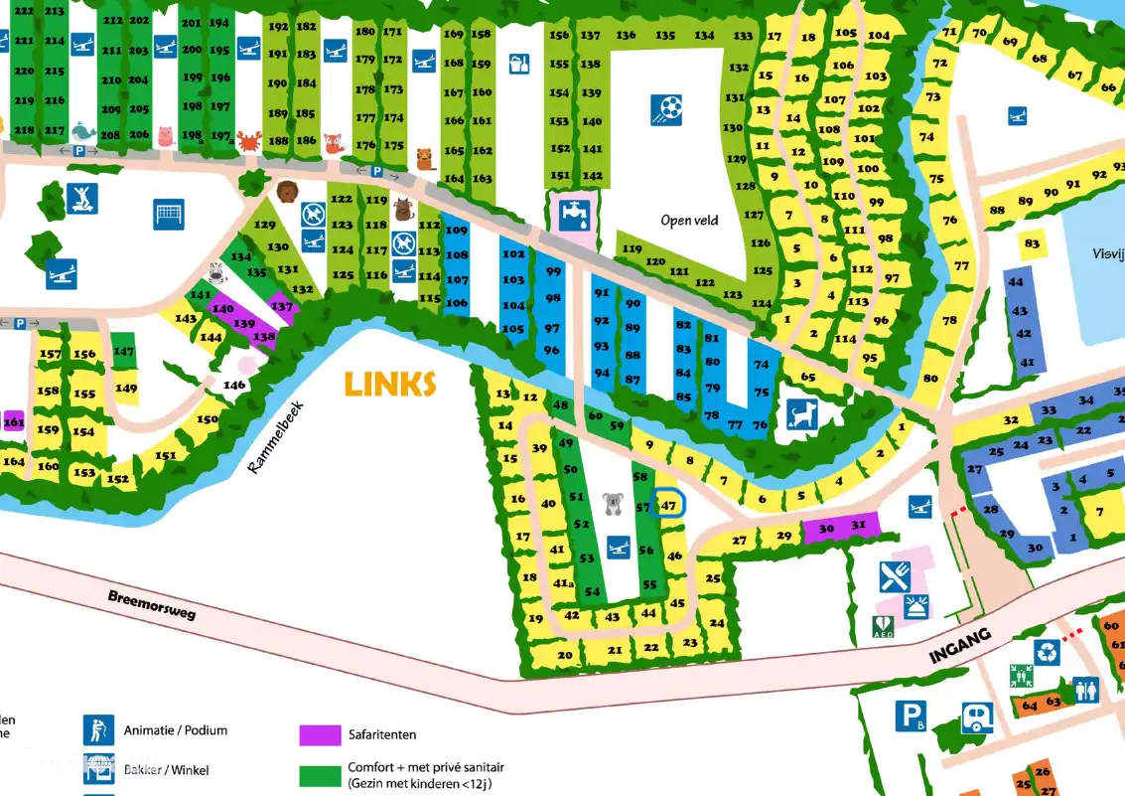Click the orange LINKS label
390,384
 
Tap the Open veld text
689,220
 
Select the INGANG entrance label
961,646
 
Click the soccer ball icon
666,108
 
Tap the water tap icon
575,213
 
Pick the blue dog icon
801,413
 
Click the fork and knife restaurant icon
895,575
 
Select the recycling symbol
1048,652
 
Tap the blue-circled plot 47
668,505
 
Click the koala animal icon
613,503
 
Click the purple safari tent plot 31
860,526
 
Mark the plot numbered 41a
564,583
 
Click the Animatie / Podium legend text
176,730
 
